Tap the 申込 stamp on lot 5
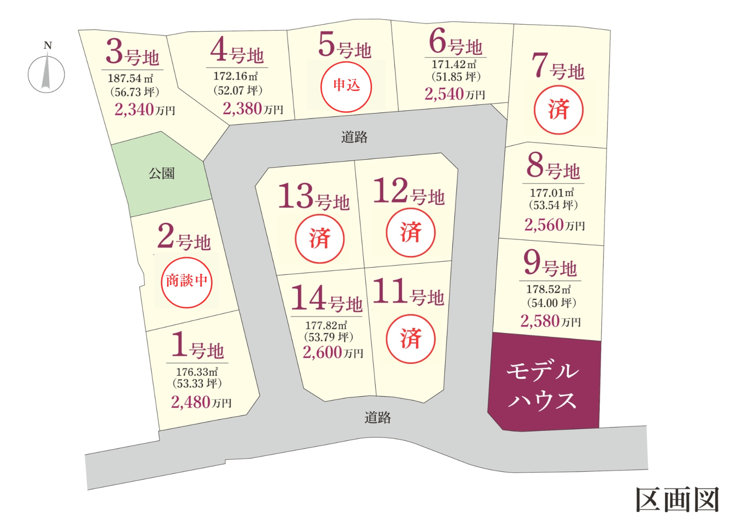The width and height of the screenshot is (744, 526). pyautogui.click(x=346, y=87)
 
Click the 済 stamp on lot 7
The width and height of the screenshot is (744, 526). pyautogui.click(x=558, y=110)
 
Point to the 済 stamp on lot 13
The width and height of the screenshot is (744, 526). pyautogui.click(x=320, y=238)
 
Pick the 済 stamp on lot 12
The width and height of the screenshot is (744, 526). pyautogui.click(x=411, y=233)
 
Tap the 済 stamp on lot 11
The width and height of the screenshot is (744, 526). pyautogui.click(x=411, y=339)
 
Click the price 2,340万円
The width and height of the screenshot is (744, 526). pyautogui.click(x=145, y=109)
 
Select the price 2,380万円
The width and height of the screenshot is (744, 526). pyautogui.click(x=252, y=109)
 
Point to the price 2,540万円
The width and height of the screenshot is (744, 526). pyautogui.click(x=455, y=94)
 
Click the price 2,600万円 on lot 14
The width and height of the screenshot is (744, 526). pyautogui.click(x=333, y=353)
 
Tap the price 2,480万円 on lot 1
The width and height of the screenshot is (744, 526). pyautogui.click(x=201, y=402)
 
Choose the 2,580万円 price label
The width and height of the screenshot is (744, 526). pyautogui.click(x=550, y=321)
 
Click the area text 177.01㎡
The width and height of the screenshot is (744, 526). pyautogui.click(x=552, y=193)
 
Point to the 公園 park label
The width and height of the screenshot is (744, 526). pyautogui.click(x=162, y=173)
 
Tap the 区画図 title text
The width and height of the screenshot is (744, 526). pyautogui.click(x=678, y=500)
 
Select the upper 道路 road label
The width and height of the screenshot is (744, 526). pyautogui.click(x=354, y=137)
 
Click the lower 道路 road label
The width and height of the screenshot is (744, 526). pyautogui.click(x=377, y=418)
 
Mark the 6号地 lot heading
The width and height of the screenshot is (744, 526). pyautogui.click(x=456, y=43)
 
